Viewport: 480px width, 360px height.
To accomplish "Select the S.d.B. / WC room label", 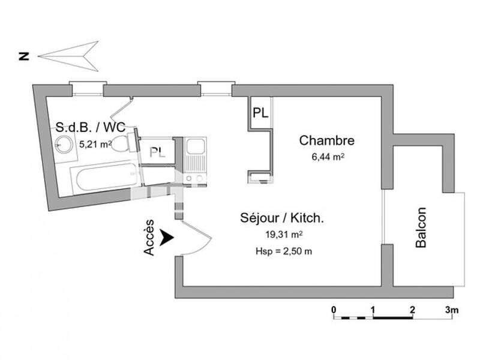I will (x=90, y=127).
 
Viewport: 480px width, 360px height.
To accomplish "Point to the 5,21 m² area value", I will (x=95, y=143).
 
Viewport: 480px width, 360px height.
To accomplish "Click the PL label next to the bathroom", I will (x=157, y=151).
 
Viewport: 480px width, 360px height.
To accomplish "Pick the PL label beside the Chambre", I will (x=260, y=112).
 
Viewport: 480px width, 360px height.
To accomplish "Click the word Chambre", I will (x=326, y=141).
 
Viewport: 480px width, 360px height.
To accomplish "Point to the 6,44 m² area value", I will (x=326, y=157).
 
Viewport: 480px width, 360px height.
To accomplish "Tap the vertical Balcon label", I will (x=421, y=228).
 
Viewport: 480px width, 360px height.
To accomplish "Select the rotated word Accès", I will (x=150, y=238).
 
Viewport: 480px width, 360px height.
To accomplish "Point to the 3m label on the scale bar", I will (x=452, y=310).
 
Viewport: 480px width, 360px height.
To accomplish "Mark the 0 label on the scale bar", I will (x=334, y=310).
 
